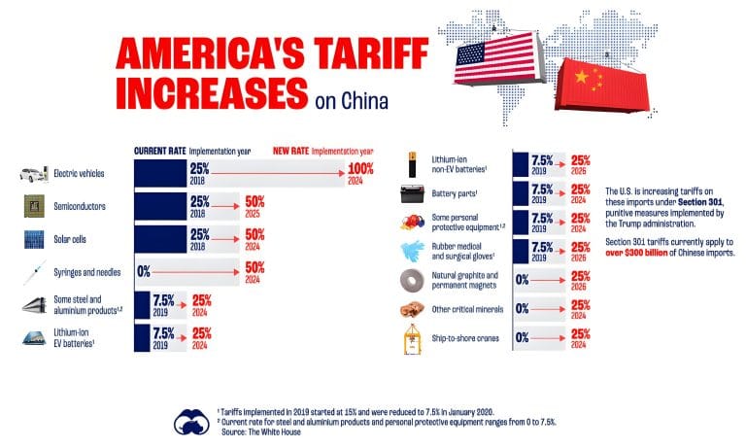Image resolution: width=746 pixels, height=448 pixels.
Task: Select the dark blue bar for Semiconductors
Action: tap(160, 207)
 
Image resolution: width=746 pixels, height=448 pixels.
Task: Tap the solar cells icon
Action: tap(35, 239)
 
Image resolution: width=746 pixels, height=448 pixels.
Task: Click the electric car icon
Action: tap(35, 175)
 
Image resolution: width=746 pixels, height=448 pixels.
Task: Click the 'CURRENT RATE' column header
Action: tap(159, 152)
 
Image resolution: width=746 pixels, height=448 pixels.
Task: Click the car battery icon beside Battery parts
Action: tap(412, 193)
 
